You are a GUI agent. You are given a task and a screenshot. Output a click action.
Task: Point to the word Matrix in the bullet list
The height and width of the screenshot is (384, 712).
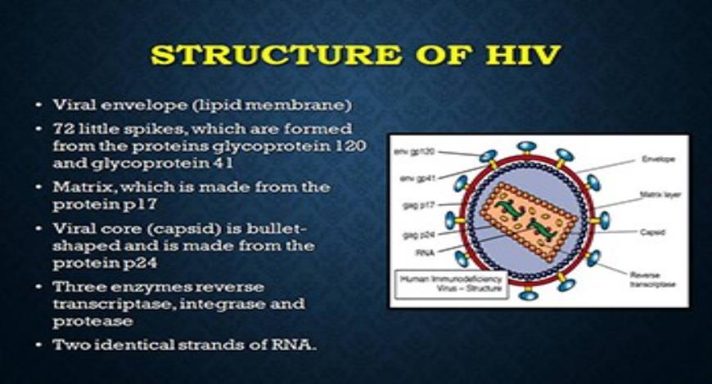(x=79, y=187)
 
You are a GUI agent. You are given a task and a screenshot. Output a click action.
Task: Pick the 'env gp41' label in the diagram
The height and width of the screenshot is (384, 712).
(x=410, y=176)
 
